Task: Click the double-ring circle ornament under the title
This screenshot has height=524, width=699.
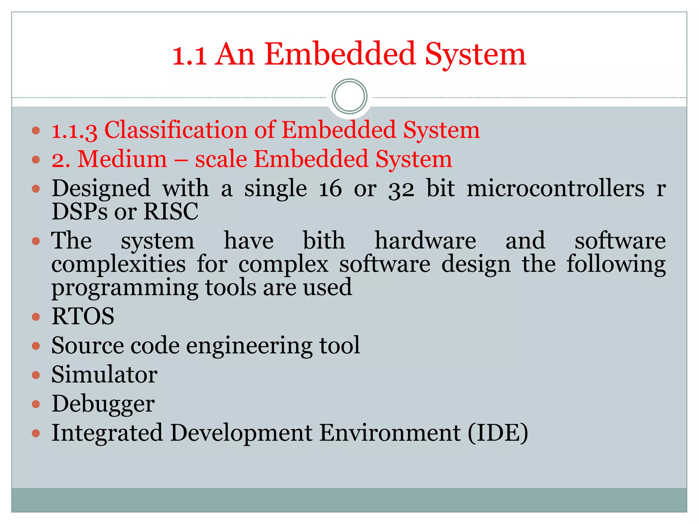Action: (349, 97)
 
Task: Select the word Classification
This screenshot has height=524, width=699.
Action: (175, 130)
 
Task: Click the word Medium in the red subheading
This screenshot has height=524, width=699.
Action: (123, 159)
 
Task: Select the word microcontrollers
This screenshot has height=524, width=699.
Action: (555, 189)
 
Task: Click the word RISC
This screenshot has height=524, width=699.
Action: (171, 212)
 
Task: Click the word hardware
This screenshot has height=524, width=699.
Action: (425, 241)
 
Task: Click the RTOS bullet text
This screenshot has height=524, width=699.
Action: (83, 316)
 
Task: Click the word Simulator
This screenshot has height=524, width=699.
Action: (104, 375)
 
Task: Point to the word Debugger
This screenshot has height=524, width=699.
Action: (103, 404)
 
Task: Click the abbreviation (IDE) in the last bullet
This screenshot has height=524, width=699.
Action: (498, 433)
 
